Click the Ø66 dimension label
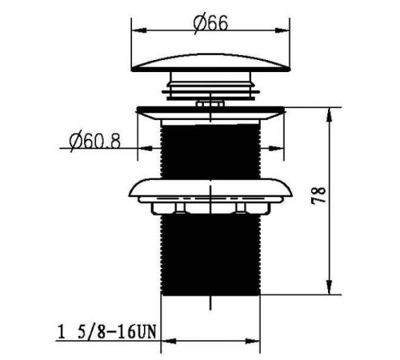(x=210, y=23)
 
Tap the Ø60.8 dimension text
(x=95, y=142)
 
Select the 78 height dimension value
(x=318, y=196)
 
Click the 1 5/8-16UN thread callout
(x=106, y=332)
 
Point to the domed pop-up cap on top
(x=210, y=63)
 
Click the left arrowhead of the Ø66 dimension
(x=139, y=30)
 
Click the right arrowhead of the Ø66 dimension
(x=282, y=30)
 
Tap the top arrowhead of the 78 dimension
(x=330, y=115)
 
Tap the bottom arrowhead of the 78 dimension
(x=330, y=287)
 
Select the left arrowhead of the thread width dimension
(x=170, y=341)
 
